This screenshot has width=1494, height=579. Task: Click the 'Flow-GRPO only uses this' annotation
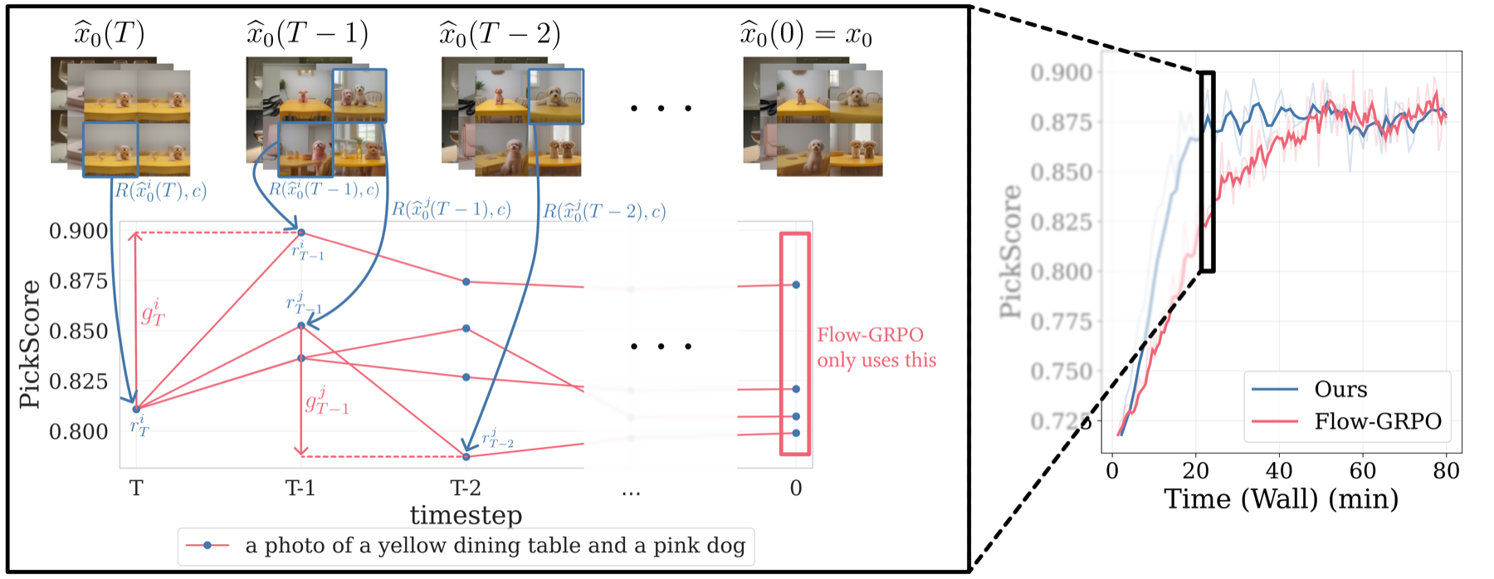click(x=876, y=347)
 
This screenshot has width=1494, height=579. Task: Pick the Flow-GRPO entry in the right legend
click(x=1377, y=422)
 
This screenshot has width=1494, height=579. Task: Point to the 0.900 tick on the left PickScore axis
click(x=78, y=231)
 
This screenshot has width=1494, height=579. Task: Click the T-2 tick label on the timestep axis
click(x=465, y=488)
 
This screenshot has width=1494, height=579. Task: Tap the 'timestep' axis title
click(x=466, y=515)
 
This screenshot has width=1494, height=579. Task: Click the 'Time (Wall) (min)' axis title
click(x=1281, y=499)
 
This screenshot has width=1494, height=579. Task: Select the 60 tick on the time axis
click(x=1362, y=471)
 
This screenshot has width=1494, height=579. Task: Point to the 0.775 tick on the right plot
click(x=1061, y=321)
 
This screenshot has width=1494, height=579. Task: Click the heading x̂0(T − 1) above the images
click(x=307, y=34)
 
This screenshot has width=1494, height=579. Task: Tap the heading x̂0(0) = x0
click(x=805, y=35)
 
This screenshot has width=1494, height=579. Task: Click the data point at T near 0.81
click(x=136, y=409)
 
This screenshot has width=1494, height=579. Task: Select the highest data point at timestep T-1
click(x=301, y=233)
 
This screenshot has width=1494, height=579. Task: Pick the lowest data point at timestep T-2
click(x=466, y=457)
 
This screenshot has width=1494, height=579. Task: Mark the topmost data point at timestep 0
click(x=796, y=285)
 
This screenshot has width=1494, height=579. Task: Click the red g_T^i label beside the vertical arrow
click(x=153, y=313)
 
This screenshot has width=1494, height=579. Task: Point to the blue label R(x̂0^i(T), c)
click(x=160, y=191)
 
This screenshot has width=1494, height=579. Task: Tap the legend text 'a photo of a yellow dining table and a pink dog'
click(x=495, y=546)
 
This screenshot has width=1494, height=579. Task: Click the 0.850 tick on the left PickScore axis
click(x=78, y=331)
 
